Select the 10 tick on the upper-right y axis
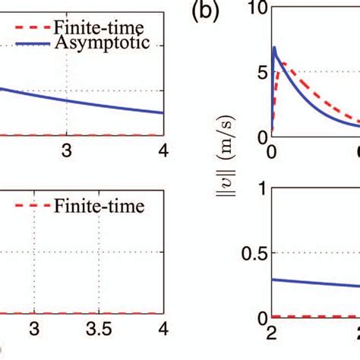coord(256,9)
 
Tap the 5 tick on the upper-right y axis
coord(261,73)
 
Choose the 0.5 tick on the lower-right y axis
coord(251,253)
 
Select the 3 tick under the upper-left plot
coord(68,150)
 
